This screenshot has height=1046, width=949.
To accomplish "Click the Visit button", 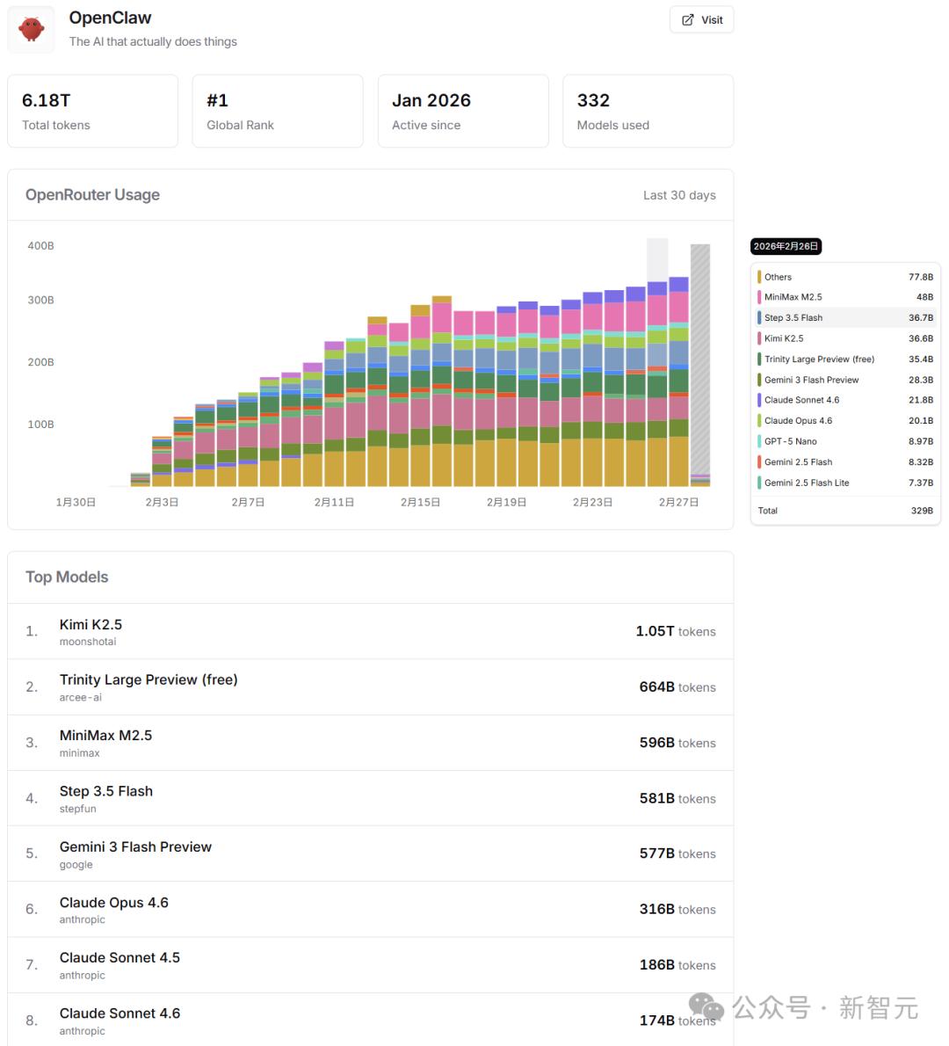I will coord(701,20).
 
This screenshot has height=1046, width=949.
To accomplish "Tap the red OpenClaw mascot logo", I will coord(32,29).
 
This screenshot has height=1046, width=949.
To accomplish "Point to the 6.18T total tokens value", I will coord(46,101).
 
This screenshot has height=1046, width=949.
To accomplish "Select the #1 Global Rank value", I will coord(217,101).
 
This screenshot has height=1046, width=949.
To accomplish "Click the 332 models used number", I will coord(593,101).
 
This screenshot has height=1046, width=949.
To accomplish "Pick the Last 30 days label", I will coord(679,195).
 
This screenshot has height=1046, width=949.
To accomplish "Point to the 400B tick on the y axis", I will coord(40,246).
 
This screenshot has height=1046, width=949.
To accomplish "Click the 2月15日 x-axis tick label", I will coord(420,502).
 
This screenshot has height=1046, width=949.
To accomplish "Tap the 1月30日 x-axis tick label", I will coord(76,502).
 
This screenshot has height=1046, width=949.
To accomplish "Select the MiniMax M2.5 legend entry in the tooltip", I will coord(793,297).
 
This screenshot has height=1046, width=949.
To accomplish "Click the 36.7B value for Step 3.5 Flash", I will coord(921,318).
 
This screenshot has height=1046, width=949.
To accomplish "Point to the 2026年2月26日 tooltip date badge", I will coord(786,247).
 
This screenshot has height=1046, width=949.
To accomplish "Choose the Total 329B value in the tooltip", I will coord(922,511).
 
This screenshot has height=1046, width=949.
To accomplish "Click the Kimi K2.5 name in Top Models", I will coord(91,625).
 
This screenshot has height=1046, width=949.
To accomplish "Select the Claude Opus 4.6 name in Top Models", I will coord(114,903).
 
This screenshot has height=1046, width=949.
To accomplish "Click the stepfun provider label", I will coord(78,809).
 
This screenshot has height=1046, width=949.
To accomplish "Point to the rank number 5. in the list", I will coord(32,854).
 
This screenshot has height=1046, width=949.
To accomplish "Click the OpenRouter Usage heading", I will coord(92,195).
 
